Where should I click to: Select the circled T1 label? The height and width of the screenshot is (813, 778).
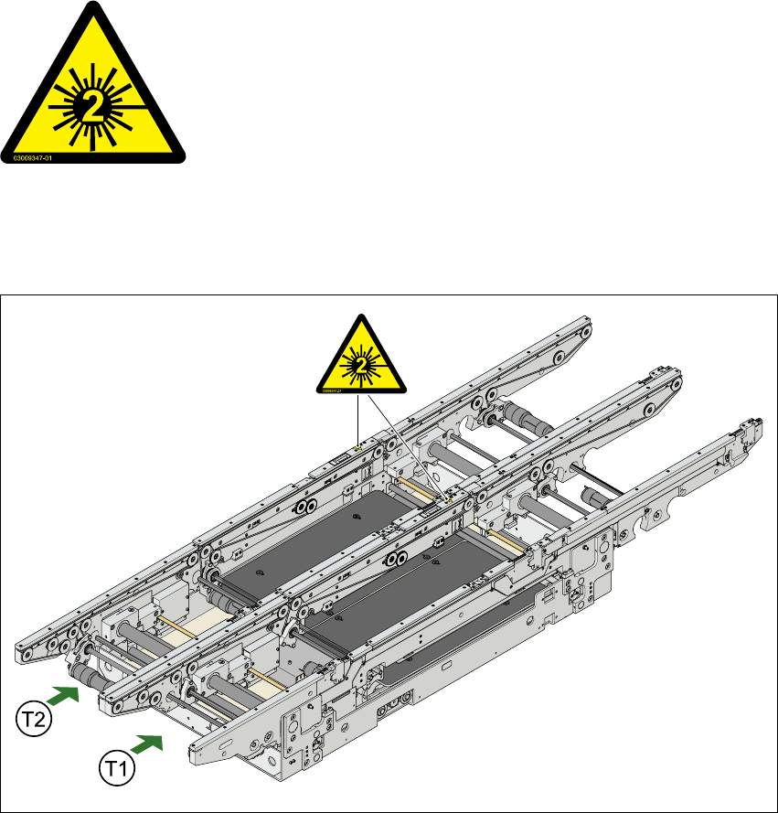(x=116, y=761)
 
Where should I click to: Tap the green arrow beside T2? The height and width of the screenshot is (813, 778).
(x=62, y=691)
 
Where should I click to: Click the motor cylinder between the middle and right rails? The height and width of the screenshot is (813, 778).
(x=600, y=499)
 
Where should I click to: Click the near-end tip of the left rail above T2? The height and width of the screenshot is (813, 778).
(x=23, y=655)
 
